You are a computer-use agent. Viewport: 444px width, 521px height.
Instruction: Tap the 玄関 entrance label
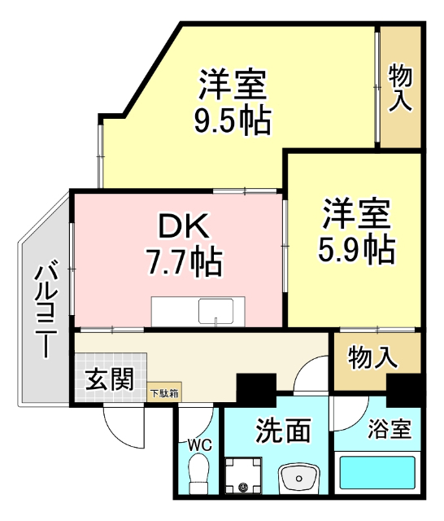[x=110, y=379]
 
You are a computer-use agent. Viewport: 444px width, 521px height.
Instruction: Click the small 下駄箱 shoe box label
[x=164, y=393]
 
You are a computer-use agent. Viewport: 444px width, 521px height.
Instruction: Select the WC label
[x=198, y=445]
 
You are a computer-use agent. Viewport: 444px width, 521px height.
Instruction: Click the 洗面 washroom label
[x=283, y=430]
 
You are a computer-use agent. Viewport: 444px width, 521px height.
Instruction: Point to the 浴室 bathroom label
[x=389, y=429]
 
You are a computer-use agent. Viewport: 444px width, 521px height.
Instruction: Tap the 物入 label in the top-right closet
[x=400, y=88]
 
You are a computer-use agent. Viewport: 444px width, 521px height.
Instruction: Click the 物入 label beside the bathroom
[x=372, y=357]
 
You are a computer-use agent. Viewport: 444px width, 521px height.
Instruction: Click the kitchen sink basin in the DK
[x=216, y=311]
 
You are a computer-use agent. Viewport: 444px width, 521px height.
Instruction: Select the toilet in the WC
[x=198, y=475]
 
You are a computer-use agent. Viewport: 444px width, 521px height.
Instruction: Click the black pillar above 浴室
[x=404, y=389]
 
